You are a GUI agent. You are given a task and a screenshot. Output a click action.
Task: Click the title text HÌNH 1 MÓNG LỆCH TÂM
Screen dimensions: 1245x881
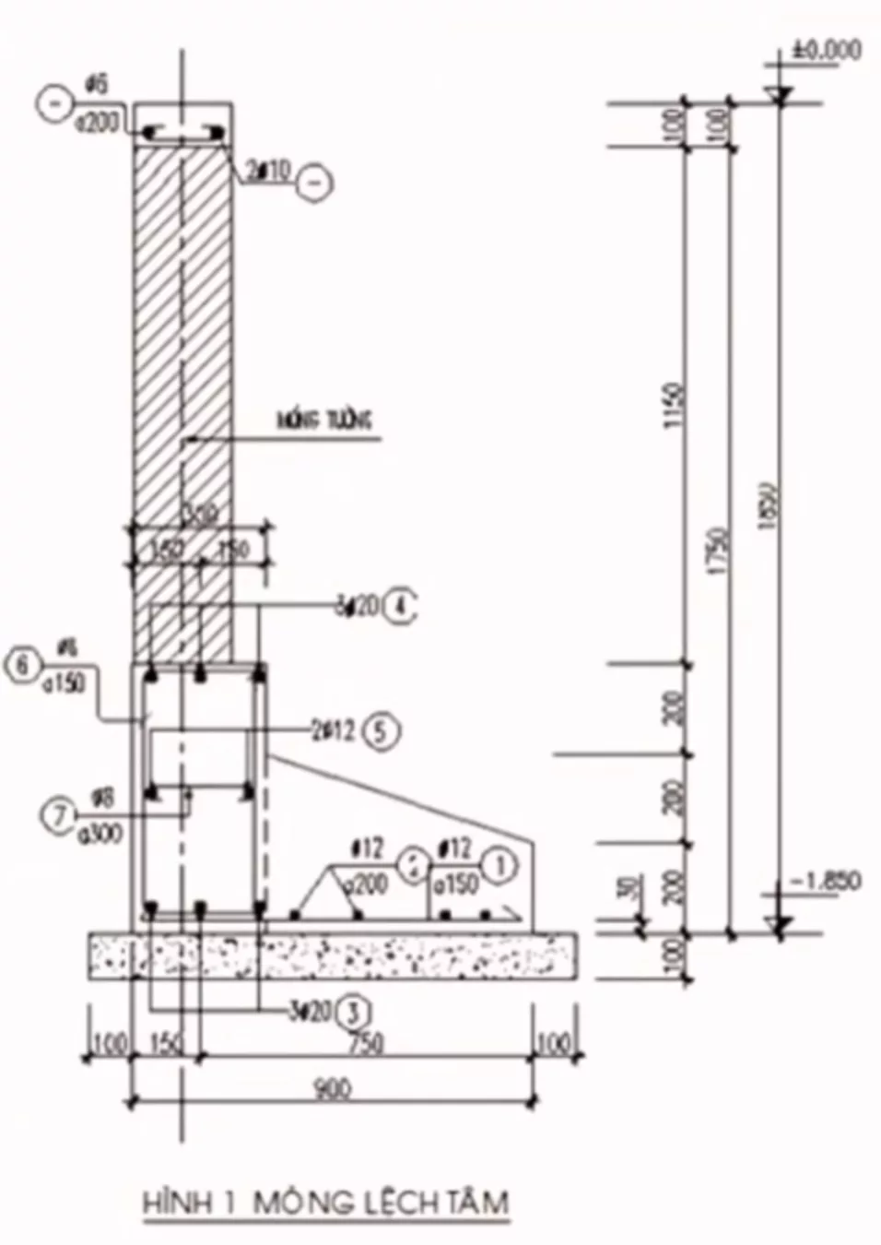tap(325, 1202)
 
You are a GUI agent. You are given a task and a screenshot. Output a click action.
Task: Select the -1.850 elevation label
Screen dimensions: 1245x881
tap(825, 881)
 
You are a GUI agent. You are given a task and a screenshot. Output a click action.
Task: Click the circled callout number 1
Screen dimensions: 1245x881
tap(502, 865)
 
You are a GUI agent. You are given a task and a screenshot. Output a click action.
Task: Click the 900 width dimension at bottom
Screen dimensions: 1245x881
tap(333, 1089)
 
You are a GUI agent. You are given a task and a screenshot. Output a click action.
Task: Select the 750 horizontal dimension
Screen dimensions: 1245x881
tap(367, 1044)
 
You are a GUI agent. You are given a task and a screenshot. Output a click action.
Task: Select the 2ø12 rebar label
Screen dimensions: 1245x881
tap(333, 730)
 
